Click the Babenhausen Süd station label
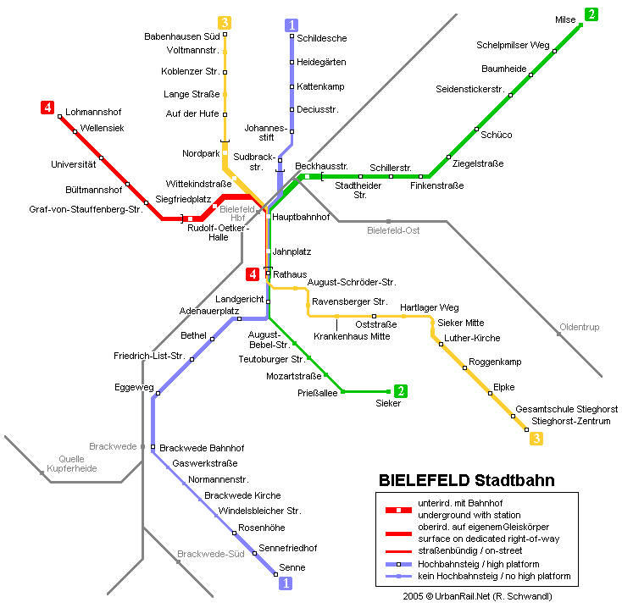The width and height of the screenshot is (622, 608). point(181,36)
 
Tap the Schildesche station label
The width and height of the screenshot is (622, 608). point(322,38)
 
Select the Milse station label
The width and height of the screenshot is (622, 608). point(565,19)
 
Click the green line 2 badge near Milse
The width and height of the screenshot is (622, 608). point(591,14)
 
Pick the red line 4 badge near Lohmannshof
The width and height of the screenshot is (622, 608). point(47,108)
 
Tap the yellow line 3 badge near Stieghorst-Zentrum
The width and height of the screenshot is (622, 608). point(536,439)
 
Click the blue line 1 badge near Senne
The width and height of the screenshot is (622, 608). point(286,583)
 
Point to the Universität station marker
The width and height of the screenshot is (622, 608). point(101,158)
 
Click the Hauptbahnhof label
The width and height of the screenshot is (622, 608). point(301,217)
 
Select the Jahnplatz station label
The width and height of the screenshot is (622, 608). point(292,251)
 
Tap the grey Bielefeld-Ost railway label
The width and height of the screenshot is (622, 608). point(393,230)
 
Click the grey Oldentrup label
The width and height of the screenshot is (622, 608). point(579,327)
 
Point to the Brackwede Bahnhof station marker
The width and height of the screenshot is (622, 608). point(153,447)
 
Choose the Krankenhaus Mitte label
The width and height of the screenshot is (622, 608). point(352,336)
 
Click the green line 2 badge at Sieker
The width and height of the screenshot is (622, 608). point(401,391)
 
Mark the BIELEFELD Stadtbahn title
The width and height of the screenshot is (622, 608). point(466,480)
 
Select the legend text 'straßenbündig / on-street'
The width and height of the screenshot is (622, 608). point(469,550)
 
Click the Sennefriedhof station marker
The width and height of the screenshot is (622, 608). point(255,553)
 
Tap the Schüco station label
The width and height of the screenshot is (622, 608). point(497,135)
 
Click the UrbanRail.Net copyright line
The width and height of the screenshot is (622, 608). point(477,596)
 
